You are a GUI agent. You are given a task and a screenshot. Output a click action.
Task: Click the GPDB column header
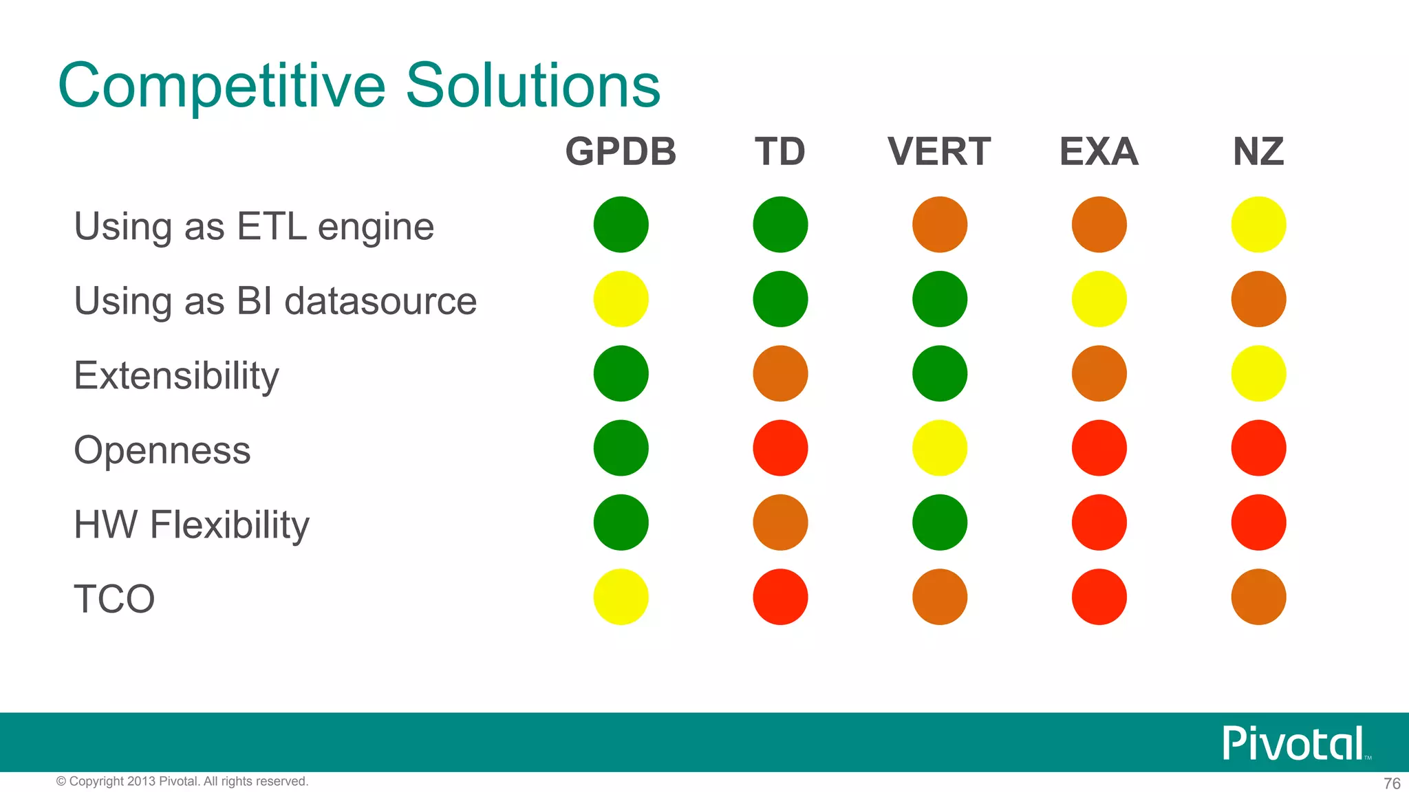(x=621, y=151)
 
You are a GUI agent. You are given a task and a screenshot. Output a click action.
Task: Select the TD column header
(x=779, y=151)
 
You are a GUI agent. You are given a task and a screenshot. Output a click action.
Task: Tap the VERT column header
(x=939, y=151)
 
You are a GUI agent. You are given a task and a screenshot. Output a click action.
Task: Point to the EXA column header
(x=1099, y=151)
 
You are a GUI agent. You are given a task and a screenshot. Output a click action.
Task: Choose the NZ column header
(x=1258, y=151)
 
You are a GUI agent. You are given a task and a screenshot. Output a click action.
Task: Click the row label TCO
(x=114, y=599)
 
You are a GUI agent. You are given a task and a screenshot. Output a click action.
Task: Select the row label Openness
(x=162, y=450)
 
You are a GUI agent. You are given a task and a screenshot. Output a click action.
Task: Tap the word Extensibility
(x=176, y=376)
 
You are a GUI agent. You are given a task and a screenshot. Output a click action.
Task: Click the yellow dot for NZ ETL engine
(x=1258, y=225)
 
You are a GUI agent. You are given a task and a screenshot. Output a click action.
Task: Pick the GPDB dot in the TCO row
(x=621, y=597)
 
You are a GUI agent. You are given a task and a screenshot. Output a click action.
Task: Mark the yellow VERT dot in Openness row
(x=939, y=448)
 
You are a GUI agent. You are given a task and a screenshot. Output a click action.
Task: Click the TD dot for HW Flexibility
(x=780, y=522)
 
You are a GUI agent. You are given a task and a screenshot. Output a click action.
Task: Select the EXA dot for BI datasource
(x=1099, y=299)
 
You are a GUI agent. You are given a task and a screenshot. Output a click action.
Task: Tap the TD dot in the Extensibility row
(x=780, y=373)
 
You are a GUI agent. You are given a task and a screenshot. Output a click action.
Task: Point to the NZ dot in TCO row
(x=1258, y=597)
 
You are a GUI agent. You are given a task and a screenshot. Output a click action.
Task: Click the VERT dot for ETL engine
(x=939, y=225)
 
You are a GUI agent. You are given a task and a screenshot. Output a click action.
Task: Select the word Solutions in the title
(x=533, y=85)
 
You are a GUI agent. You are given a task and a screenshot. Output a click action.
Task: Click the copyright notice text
(x=182, y=781)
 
